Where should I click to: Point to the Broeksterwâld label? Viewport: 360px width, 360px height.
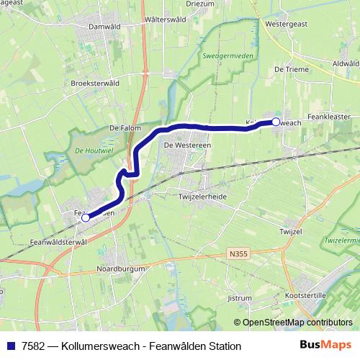[x=95, y=83]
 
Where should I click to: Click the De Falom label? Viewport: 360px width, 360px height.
[x=123, y=127]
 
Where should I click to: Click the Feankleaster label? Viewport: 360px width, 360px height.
[x=328, y=115]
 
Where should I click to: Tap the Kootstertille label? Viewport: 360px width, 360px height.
[x=305, y=296]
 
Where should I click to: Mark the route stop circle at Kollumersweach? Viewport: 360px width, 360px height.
[x=276, y=122]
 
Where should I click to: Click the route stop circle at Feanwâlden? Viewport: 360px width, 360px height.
[x=85, y=217]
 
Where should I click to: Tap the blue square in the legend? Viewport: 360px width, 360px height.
[x=11, y=346]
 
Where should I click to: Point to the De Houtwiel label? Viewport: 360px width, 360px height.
[x=91, y=151]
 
